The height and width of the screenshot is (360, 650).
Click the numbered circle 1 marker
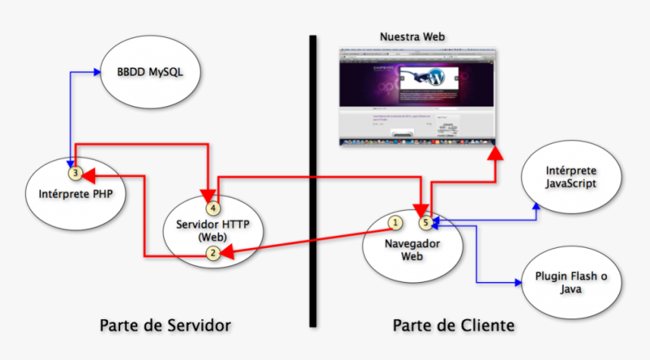point(394,222)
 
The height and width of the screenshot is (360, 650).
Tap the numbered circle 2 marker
point(214,254)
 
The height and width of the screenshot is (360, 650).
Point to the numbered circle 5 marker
point(426,222)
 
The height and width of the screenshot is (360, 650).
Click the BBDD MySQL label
point(150,73)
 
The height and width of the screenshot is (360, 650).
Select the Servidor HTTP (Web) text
point(213,230)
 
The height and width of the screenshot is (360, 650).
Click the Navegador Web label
point(413,250)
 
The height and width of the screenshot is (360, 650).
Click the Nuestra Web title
point(412,36)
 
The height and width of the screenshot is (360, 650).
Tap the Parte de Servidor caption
point(165,325)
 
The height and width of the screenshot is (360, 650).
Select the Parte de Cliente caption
point(453,325)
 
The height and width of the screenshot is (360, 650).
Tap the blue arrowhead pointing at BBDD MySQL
point(97,72)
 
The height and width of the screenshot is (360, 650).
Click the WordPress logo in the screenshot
point(436,77)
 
